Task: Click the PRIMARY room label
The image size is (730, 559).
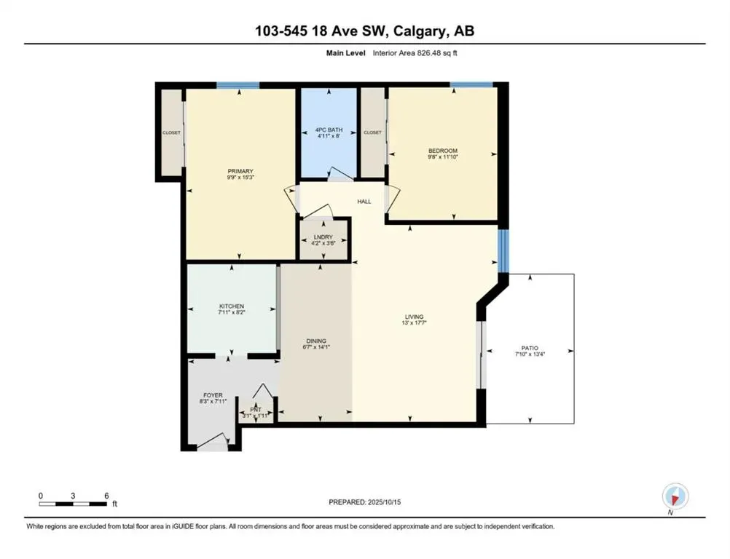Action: [x=240, y=171]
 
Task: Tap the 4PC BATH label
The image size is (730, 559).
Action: [x=328, y=130]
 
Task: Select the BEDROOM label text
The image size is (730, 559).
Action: [x=442, y=151]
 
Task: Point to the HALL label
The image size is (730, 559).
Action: [x=364, y=201]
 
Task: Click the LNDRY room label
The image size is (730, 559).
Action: [x=323, y=237]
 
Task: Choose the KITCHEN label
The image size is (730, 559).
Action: [x=232, y=306]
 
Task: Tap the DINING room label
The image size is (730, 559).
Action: [x=315, y=341]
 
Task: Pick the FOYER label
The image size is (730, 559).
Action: [x=213, y=395]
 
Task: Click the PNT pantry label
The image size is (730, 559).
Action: [x=256, y=409]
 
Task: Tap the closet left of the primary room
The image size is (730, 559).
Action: [x=171, y=132]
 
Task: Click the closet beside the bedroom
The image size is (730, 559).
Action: [x=372, y=132]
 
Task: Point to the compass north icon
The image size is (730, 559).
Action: [x=674, y=497]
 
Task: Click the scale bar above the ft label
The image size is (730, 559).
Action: [x=74, y=502]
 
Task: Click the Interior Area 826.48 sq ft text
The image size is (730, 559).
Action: [x=415, y=52]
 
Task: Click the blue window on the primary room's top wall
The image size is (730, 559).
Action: [x=238, y=85]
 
